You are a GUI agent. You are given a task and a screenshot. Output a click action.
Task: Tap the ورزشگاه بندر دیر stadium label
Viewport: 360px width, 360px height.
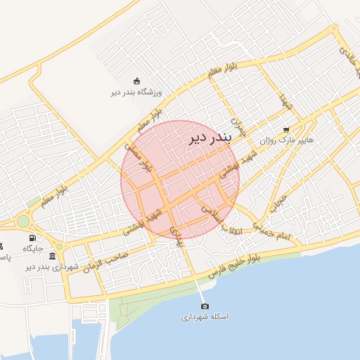click(136, 92)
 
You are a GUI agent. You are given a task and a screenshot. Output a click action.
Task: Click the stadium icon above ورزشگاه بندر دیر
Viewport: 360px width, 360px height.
click(136, 80)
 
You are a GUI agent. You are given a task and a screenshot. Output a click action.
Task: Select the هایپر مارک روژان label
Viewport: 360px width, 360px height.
click(285, 141)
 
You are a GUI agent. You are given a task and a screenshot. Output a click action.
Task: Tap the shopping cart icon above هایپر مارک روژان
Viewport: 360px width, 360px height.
click(285, 129)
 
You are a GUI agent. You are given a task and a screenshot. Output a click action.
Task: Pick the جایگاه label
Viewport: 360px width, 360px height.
click(33, 248)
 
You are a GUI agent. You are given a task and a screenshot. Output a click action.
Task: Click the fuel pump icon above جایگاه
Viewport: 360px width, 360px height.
click(32, 238)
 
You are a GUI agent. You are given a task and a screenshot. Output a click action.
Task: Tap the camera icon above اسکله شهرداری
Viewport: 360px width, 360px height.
click(205, 306)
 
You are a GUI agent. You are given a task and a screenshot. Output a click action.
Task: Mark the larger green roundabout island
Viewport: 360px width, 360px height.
click(23, 221)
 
